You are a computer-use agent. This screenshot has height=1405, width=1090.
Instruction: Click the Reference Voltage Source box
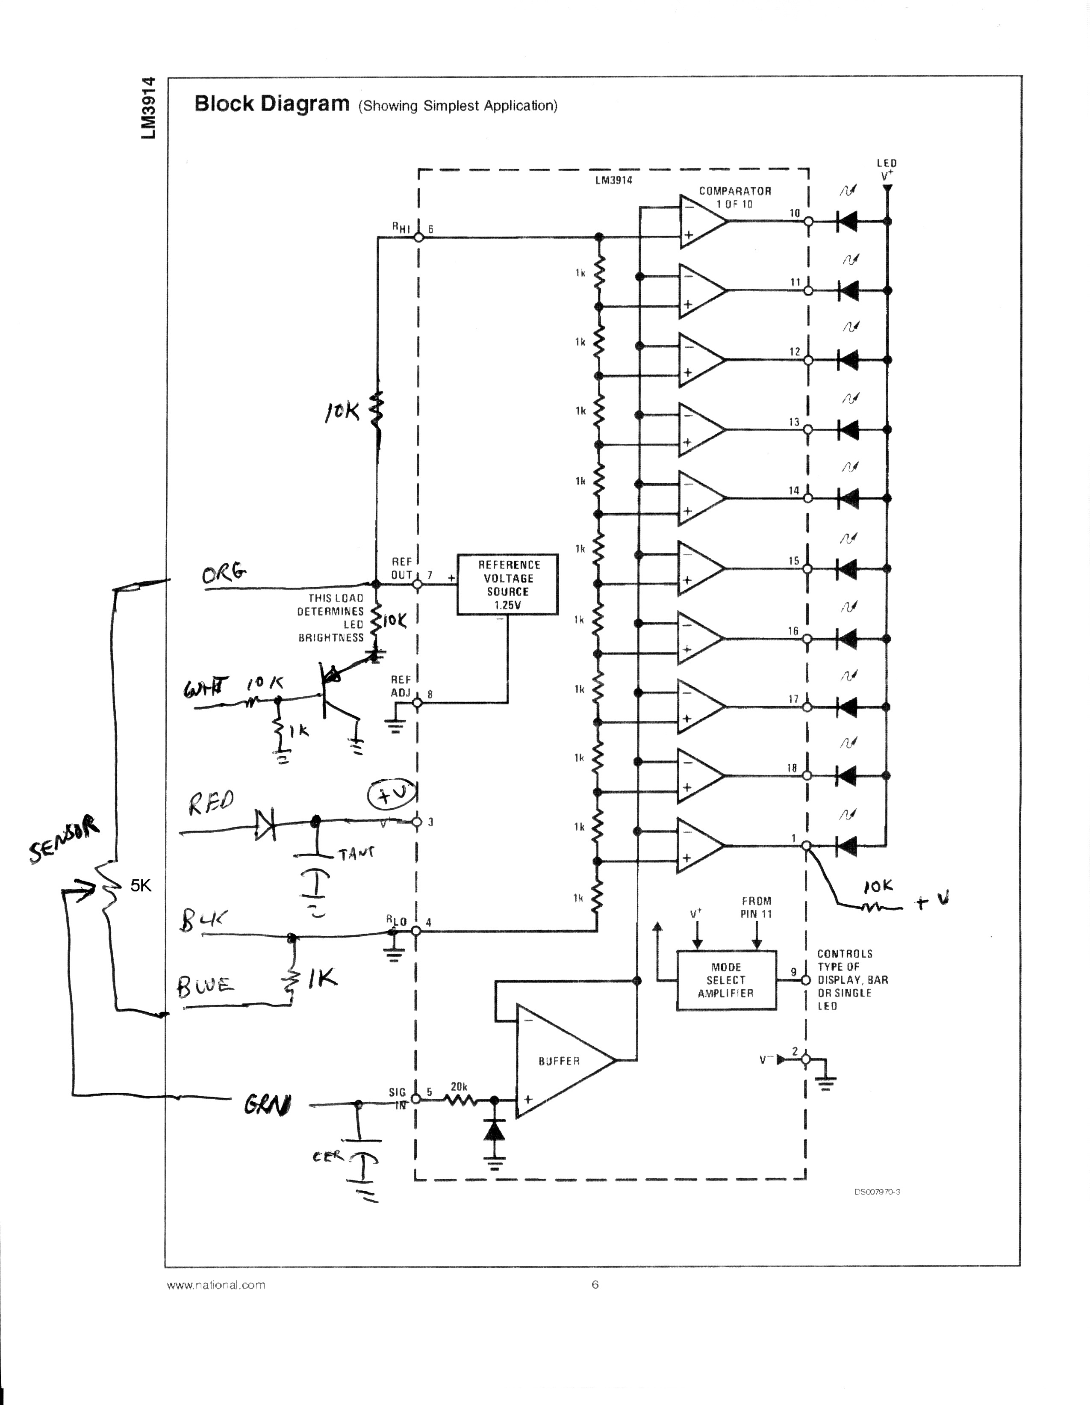click(507, 584)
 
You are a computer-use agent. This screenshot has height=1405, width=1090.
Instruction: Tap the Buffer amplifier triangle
click(560, 1060)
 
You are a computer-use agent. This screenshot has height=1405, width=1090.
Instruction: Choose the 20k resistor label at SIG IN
click(459, 1086)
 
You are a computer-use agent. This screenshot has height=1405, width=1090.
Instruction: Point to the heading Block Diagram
click(271, 104)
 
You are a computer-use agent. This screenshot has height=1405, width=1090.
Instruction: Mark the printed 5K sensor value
click(141, 886)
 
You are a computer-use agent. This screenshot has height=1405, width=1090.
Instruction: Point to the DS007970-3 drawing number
click(877, 1192)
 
